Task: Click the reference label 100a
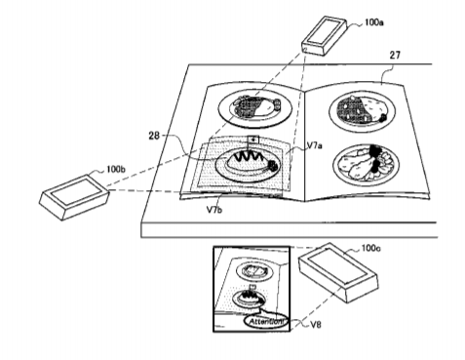point(373,22)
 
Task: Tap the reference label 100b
point(116,170)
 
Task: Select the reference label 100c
point(371,249)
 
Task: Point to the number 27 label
point(395,56)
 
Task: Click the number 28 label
point(154,136)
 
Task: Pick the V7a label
point(315,145)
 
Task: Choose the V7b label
point(214,210)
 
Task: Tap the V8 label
point(315,324)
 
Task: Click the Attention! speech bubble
point(266,321)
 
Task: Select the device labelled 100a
point(324,35)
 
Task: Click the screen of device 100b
point(75,191)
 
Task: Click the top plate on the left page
point(255,107)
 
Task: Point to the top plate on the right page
point(362,110)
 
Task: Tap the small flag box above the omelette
point(253,140)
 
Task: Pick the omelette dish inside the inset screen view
point(250,298)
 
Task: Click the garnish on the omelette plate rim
point(272,166)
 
